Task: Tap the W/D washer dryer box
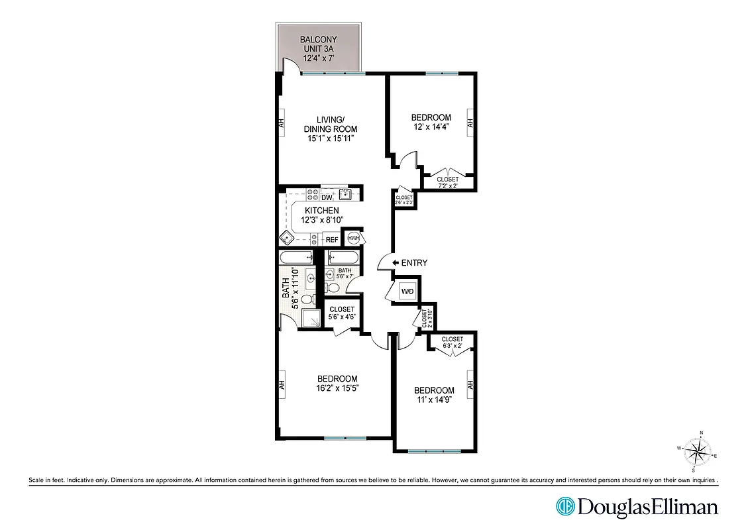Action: point(405,291)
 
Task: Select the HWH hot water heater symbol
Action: point(353,238)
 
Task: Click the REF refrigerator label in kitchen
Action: point(332,240)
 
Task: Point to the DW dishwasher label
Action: point(327,197)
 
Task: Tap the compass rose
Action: point(696,452)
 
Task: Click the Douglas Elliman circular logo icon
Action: point(564,506)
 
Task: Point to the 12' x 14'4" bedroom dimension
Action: point(431,128)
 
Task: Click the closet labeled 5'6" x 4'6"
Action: point(342,313)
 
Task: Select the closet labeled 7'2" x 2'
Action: point(447,182)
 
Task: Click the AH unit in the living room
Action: point(281,123)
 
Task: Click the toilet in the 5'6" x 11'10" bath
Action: point(308,299)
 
